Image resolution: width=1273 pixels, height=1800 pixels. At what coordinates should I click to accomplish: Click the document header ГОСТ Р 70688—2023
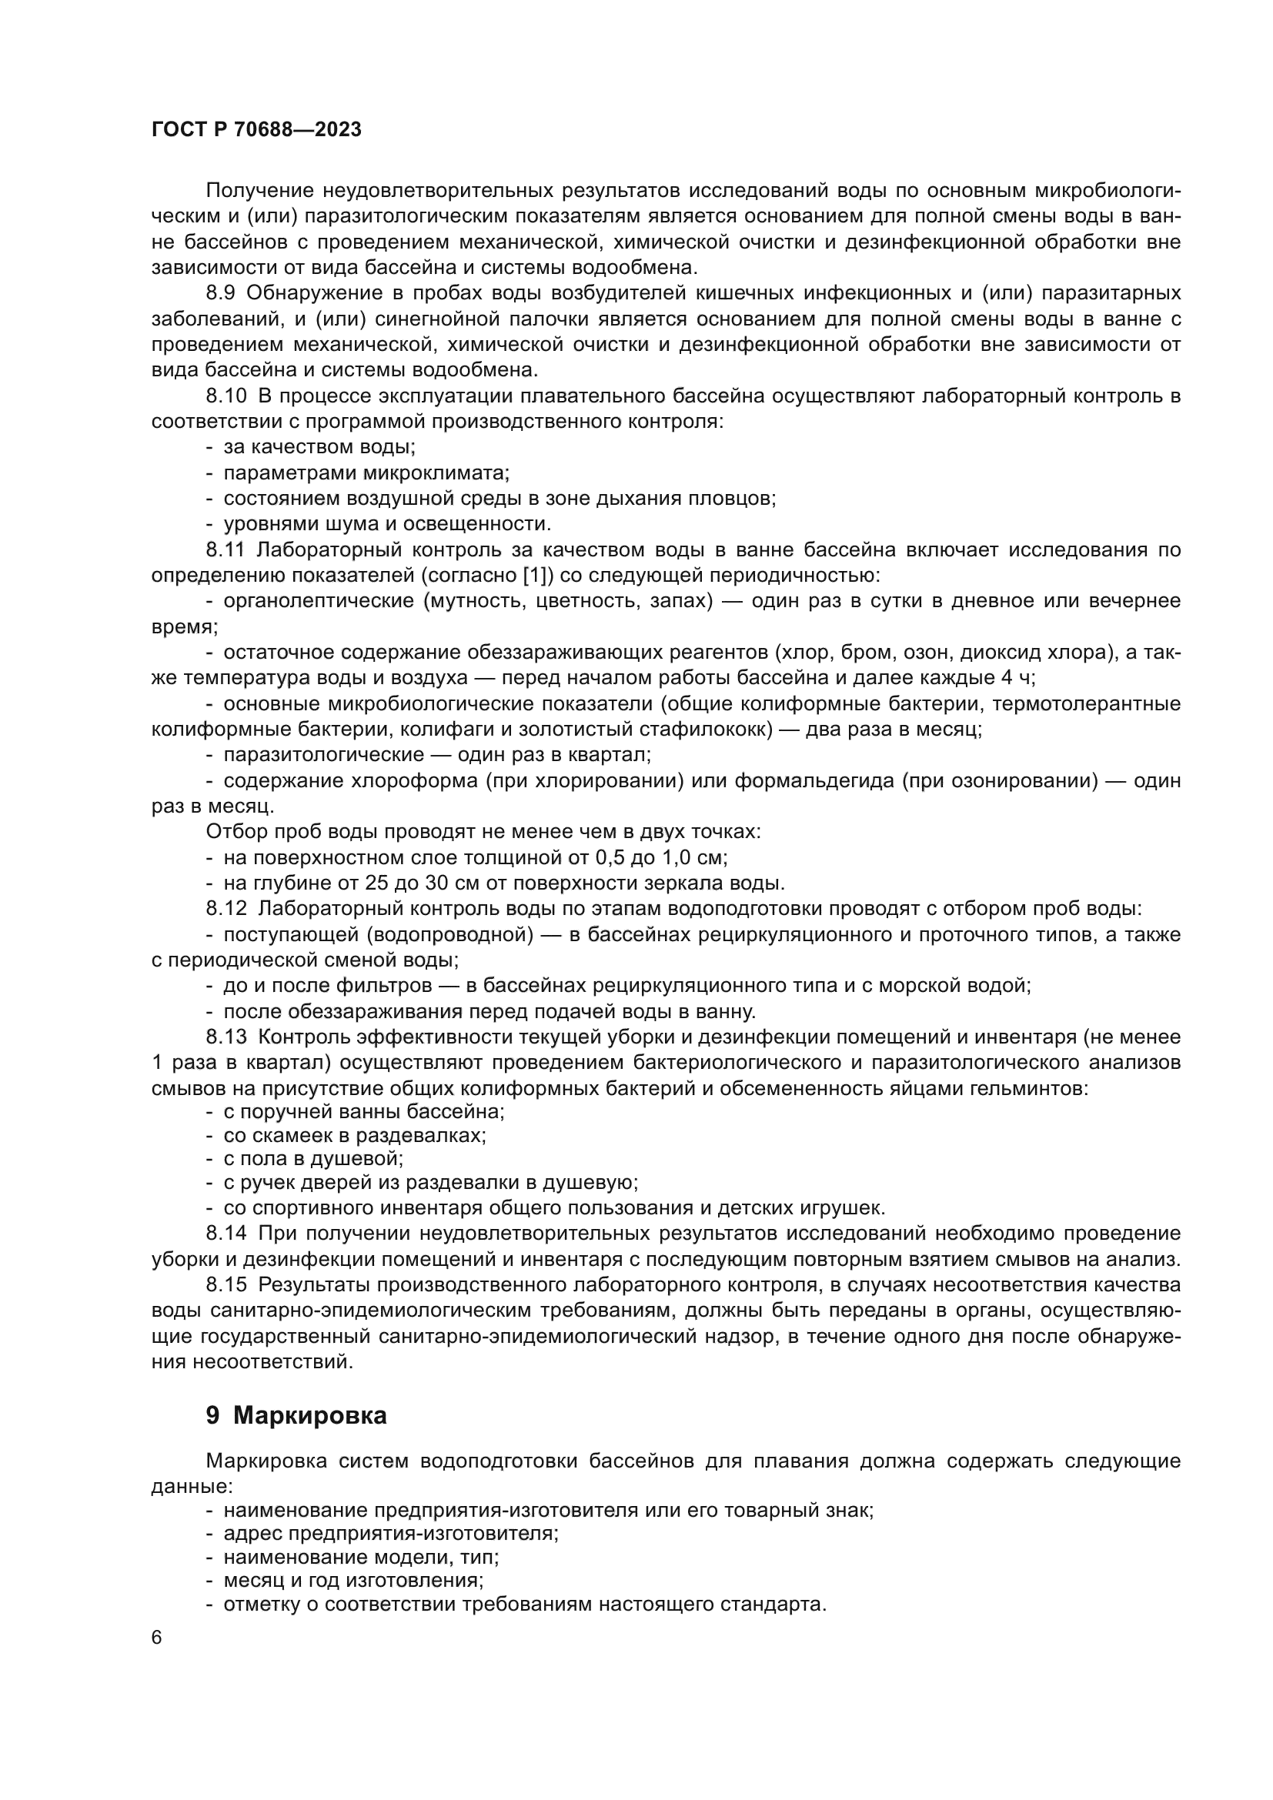pos(256,130)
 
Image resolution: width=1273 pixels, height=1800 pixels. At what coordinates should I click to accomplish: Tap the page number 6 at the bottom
pos(157,1638)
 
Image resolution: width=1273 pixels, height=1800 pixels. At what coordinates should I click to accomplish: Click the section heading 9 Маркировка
pos(296,1416)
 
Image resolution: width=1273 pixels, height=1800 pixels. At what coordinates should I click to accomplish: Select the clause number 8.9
pos(221,293)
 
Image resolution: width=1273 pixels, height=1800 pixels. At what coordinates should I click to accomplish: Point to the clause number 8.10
pos(226,396)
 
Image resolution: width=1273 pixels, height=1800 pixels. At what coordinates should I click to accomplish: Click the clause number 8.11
pos(225,550)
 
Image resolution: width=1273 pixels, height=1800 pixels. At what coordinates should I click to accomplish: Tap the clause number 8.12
pos(226,909)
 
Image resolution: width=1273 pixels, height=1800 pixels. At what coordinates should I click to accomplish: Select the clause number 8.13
pos(226,1037)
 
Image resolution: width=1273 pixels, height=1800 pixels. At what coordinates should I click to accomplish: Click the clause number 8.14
pos(226,1233)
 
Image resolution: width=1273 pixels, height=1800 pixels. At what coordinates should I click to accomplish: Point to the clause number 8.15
pos(226,1285)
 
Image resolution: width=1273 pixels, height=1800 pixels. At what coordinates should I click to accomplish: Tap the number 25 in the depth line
pos(379,883)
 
